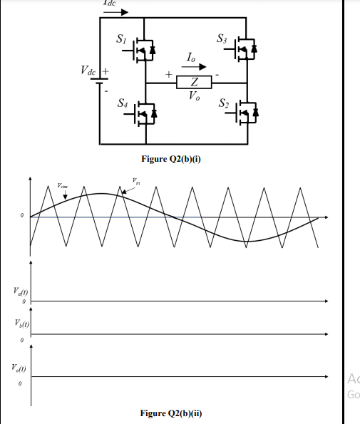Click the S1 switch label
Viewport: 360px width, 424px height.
(121, 41)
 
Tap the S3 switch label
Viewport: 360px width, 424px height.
(222, 41)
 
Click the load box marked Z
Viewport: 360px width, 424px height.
(194, 83)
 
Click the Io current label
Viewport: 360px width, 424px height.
(190, 56)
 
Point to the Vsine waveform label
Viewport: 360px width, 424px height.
(63, 185)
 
